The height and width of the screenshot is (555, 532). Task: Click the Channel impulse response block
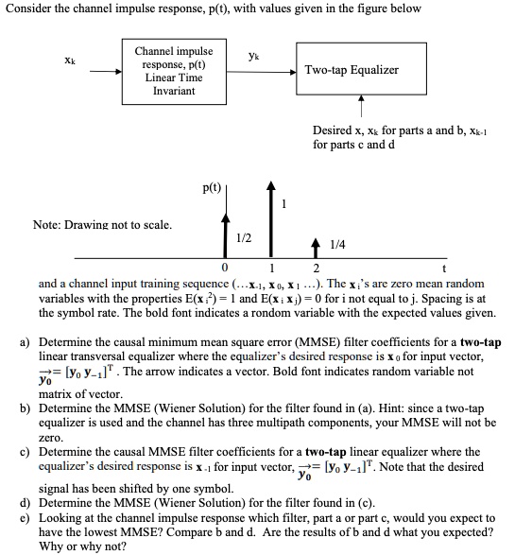pyautogui.click(x=173, y=70)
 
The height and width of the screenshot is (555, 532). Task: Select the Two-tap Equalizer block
pyautogui.click(x=351, y=70)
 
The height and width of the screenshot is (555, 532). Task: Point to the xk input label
pyautogui.click(x=68, y=60)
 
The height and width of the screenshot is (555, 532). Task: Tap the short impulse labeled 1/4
pyautogui.click(x=317, y=247)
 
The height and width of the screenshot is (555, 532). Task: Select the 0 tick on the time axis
pyautogui.click(x=225, y=269)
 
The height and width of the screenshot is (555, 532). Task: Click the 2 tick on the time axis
pyautogui.click(x=317, y=269)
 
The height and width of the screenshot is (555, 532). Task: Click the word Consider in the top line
pyautogui.click(x=26, y=9)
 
